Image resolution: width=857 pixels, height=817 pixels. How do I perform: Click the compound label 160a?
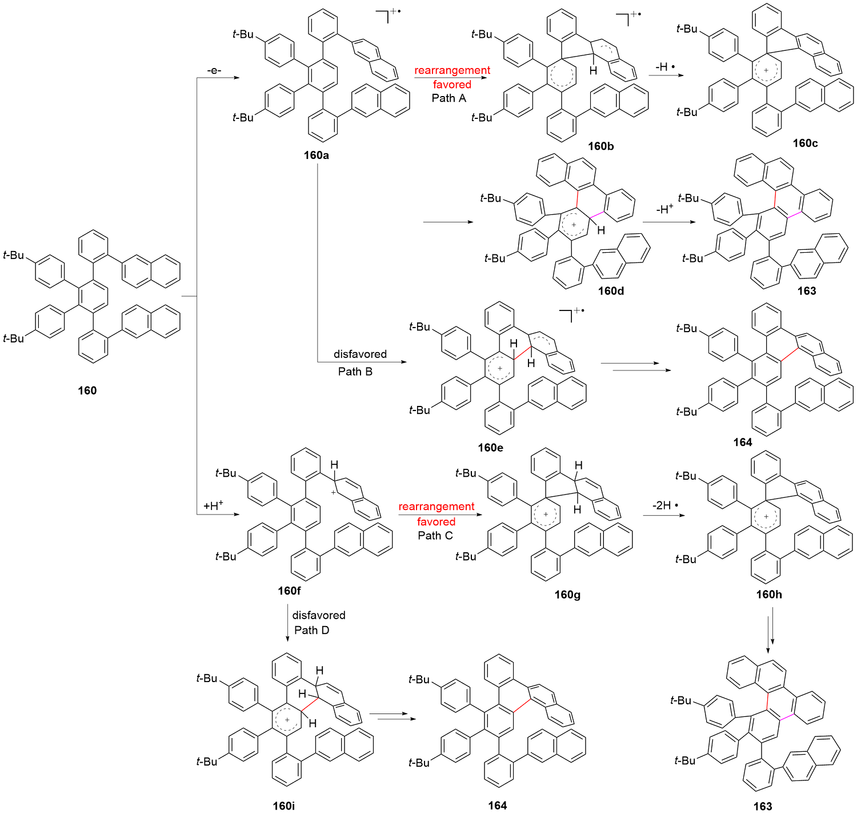point(316,156)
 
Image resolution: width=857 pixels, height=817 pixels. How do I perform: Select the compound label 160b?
point(601,146)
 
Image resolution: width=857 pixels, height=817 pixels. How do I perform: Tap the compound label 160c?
point(805,144)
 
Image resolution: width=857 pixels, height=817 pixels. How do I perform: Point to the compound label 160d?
point(611,291)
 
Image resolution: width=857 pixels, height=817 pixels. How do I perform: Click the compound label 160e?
point(491,448)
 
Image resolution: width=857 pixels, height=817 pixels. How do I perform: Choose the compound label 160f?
point(289,591)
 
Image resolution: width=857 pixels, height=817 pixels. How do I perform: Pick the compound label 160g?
point(567,595)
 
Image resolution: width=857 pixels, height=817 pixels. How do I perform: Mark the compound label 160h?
point(769,595)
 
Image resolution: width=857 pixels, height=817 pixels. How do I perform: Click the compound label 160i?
point(284,806)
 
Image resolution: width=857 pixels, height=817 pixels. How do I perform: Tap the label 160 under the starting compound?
point(87,390)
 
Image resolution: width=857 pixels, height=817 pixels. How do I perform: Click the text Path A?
point(449,98)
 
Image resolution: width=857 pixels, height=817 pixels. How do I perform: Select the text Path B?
point(355,372)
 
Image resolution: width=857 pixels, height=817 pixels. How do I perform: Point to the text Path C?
point(435,536)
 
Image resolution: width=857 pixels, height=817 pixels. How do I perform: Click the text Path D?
point(312,630)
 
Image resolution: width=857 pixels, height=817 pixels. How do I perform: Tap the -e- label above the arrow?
point(214,70)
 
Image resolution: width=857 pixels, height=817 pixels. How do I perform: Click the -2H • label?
point(666,505)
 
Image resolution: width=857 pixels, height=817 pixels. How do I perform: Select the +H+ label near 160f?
point(213,505)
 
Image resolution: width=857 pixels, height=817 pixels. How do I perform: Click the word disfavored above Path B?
point(360,354)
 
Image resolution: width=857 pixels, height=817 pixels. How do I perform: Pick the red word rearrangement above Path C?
point(436,507)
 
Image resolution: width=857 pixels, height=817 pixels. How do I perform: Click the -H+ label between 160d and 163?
point(664,209)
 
